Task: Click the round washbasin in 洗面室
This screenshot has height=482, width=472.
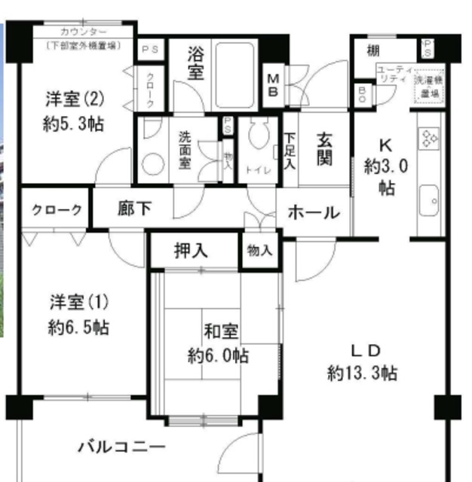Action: [153, 164]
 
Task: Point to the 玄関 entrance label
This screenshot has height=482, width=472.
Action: [325, 148]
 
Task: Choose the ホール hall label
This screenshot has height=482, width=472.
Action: [314, 212]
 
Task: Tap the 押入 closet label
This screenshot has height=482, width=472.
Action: [192, 250]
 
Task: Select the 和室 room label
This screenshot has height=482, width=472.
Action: [221, 331]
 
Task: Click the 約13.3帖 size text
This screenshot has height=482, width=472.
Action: [363, 373]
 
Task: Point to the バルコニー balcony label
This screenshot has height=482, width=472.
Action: [121, 448]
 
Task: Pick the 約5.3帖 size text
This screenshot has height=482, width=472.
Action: [73, 124]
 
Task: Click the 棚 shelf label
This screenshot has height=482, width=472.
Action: [374, 51]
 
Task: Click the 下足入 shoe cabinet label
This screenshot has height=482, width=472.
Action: [290, 151]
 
